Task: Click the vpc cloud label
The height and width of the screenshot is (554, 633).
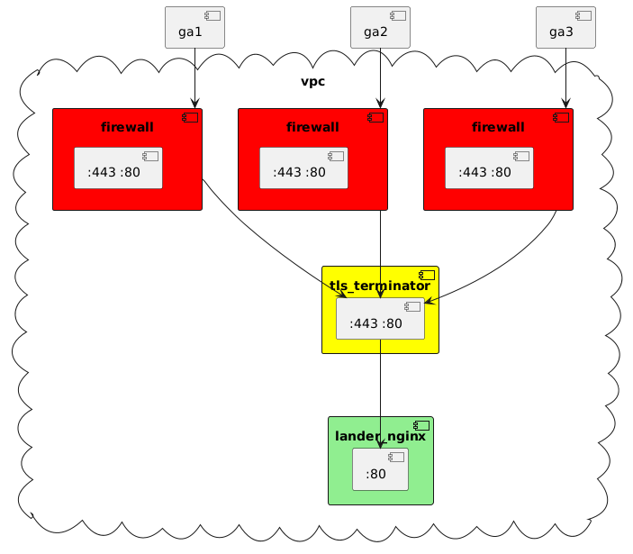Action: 312,82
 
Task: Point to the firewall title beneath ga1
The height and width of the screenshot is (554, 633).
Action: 127,127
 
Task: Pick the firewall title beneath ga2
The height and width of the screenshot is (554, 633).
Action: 312,127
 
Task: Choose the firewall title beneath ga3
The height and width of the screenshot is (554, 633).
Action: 498,127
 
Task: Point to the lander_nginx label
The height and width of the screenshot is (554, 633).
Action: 380,436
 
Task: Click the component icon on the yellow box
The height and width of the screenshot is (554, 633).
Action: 428,275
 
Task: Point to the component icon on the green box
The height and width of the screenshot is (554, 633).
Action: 422,425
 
